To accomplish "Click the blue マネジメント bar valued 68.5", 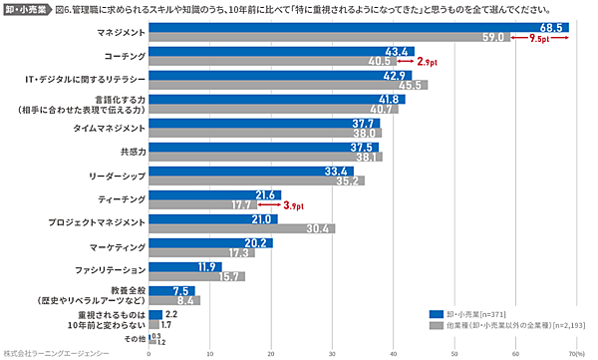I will (359, 28).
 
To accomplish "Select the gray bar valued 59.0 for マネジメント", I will (329, 39).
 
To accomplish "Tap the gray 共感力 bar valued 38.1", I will (265, 158).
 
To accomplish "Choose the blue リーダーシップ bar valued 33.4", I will (250, 171).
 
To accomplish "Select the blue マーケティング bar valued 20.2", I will (210, 242).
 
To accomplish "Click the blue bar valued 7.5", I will (171, 290).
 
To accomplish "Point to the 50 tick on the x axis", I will (454, 353).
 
